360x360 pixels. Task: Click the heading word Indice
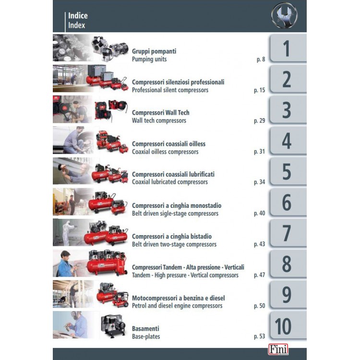(78, 16)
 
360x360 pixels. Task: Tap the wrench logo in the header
(284, 15)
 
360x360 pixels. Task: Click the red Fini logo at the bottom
(278, 349)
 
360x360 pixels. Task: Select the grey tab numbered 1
(288, 48)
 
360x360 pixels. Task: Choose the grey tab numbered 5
(288, 171)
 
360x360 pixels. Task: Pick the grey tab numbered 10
(288, 325)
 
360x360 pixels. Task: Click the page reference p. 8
(261, 59)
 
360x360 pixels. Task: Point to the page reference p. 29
(259, 120)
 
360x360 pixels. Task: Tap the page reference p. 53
(259, 336)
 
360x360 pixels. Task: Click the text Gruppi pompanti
(154, 51)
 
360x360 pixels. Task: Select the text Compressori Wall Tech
(161, 113)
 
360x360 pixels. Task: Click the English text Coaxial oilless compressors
(165, 152)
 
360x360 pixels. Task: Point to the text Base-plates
(146, 336)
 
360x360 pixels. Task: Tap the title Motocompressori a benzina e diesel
(179, 298)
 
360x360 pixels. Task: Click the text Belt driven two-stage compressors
(174, 244)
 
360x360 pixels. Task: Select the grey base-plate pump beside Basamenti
(113, 325)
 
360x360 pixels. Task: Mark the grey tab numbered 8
(288, 264)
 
